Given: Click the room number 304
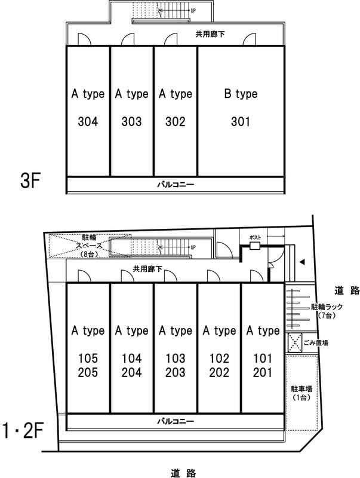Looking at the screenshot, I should click(88, 122).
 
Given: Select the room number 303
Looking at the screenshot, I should click(131, 122).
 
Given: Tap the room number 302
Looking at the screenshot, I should click(176, 122).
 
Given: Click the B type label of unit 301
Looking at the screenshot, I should click(240, 94).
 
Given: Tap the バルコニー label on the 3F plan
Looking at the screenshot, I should click(175, 185).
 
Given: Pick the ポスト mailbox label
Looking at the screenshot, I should click(255, 237).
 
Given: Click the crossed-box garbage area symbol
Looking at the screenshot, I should click(294, 343).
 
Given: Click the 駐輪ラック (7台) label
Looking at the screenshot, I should click(326, 310).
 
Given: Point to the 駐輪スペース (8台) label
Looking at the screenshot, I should click(90, 246).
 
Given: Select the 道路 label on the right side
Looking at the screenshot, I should click(346, 291).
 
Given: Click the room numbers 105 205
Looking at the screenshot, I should click(88, 366).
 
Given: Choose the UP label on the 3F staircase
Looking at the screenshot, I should click(193, 11).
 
